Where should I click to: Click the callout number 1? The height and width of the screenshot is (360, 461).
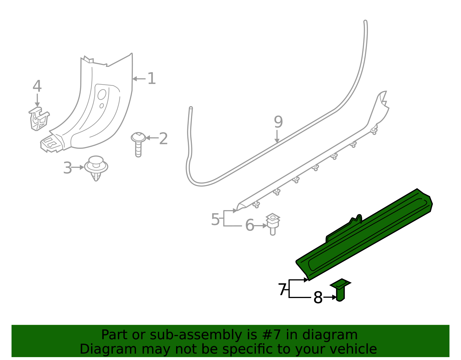(151, 79)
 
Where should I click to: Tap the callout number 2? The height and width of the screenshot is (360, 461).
(163, 139)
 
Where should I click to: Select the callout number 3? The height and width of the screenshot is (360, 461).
(67, 168)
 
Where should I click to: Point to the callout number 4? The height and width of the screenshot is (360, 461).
(37, 86)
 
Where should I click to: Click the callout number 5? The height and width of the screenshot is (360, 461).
(215, 220)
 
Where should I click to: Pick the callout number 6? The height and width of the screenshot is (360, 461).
(250, 225)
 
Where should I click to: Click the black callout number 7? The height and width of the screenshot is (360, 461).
(282, 290)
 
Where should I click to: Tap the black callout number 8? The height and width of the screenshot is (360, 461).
(318, 298)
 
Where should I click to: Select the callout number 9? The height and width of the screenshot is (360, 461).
(278, 122)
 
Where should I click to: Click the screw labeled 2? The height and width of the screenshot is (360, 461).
(138, 144)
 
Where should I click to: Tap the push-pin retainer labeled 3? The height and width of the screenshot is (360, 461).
(96, 168)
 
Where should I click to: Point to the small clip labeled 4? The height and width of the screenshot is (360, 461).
(38, 118)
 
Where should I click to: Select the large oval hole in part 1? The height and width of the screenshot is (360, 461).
(102, 94)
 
